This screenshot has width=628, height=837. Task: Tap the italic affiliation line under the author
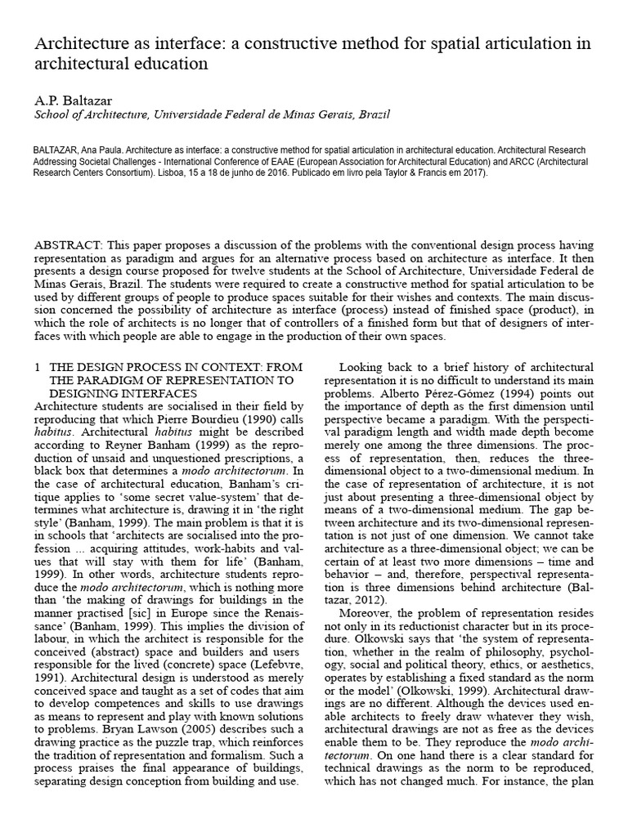201,115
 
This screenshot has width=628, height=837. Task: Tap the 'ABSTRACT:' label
68,246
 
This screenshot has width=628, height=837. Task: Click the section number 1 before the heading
37,369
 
